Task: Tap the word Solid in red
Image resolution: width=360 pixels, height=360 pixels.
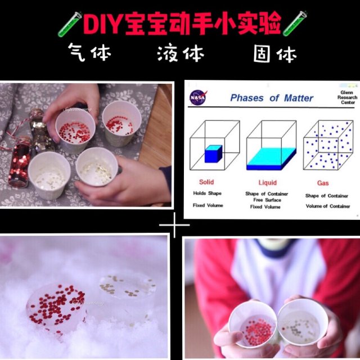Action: [206, 182]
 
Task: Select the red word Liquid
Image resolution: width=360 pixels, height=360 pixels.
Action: [267, 182]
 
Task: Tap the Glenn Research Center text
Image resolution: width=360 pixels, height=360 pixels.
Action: [347, 97]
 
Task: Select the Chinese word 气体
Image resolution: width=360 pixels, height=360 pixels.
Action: [89, 53]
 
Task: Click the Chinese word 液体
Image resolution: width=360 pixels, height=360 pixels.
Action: [181, 54]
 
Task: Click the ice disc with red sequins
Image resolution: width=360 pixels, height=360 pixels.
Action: [57, 307]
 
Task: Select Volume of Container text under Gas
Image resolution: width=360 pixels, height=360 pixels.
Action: [327, 206]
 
